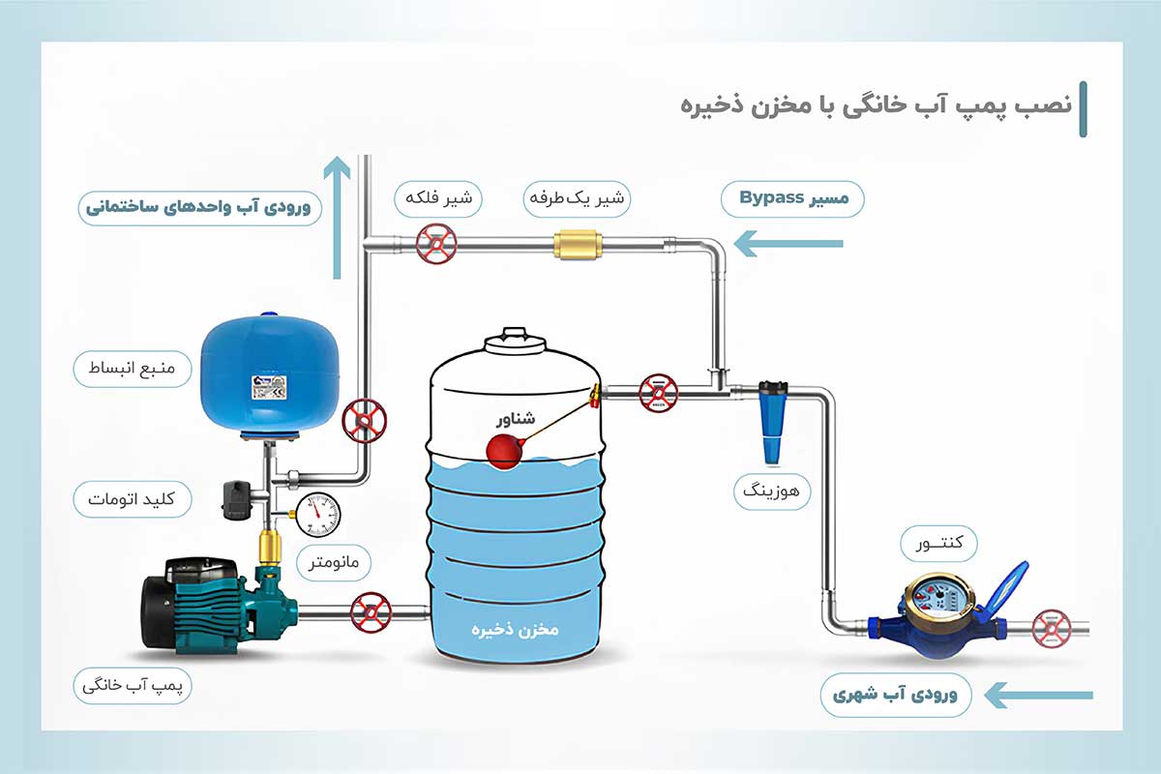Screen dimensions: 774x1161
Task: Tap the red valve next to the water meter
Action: (1051, 627)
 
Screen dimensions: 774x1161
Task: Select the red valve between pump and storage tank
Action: (371, 611)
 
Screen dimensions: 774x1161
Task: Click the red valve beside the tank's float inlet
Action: (659, 392)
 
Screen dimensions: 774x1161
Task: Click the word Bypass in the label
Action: (773, 198)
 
